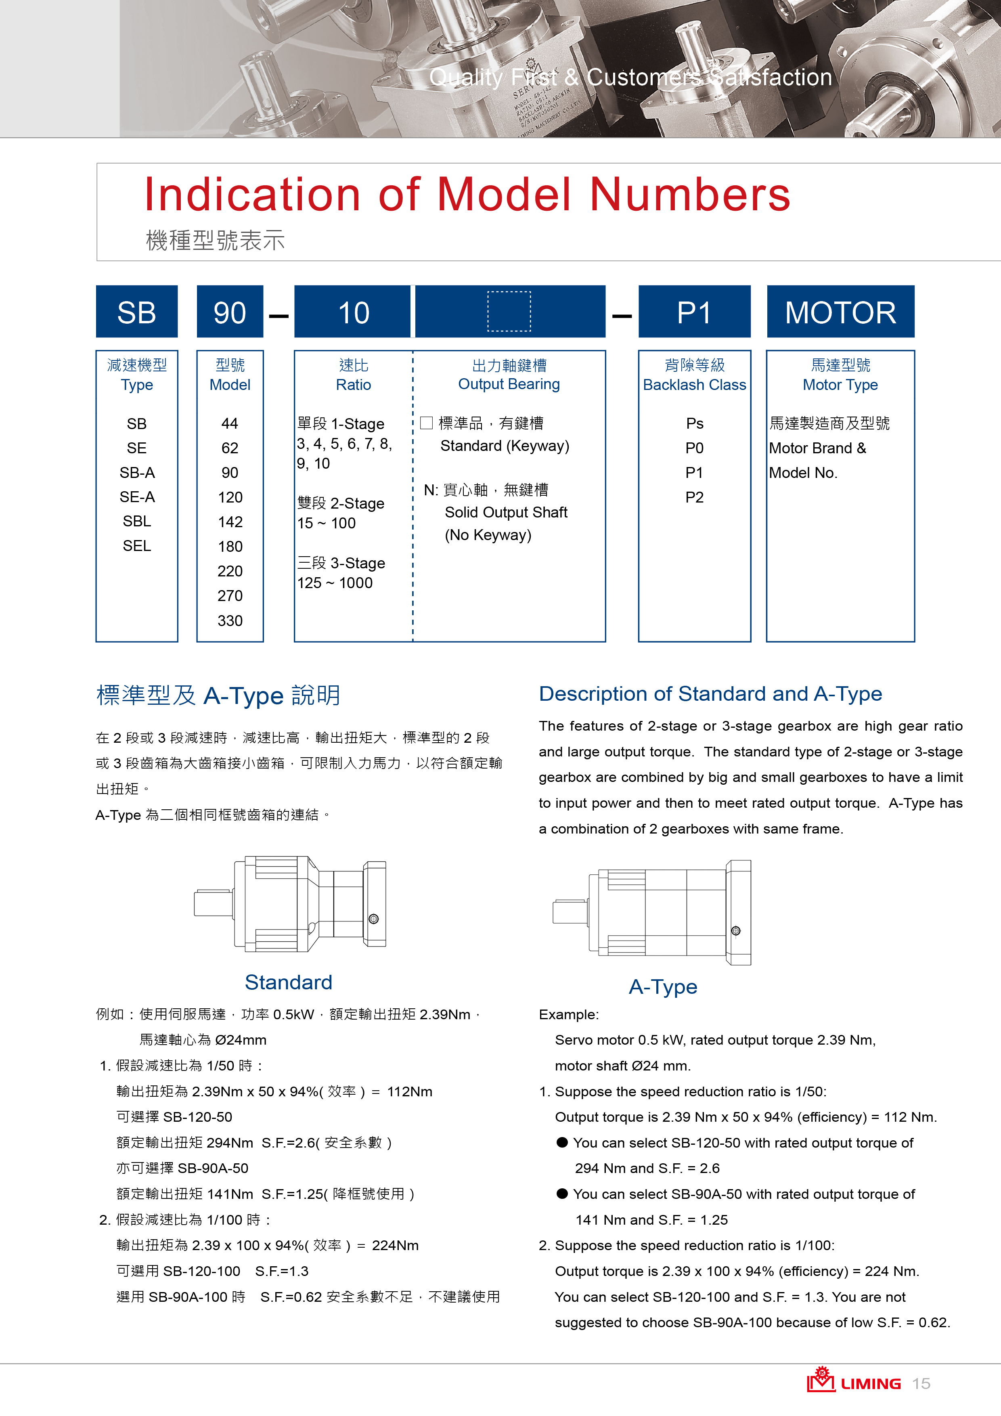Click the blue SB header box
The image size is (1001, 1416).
(136, 312)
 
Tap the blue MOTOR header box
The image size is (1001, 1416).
(840, 312)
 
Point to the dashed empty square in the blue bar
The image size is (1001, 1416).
(509, 312)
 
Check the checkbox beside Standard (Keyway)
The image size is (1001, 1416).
(426, 423)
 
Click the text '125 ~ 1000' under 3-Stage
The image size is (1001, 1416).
(335, 583)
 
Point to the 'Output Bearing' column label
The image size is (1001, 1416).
(509, 384)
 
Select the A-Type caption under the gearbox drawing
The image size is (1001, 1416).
(663, 987)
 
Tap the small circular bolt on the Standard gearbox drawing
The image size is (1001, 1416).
(373, 919)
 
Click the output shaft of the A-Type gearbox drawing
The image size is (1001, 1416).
(569, 911)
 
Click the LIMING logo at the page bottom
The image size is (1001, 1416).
(854, 1382)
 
